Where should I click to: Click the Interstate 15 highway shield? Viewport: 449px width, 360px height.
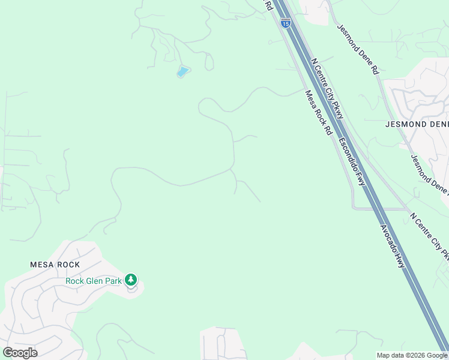pos(286,23)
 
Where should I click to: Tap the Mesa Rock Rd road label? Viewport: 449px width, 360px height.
pos(318,112)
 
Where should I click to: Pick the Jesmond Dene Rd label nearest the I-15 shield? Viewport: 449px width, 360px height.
pos(358,49)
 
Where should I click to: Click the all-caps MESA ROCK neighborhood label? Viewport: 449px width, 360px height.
pos(55,265)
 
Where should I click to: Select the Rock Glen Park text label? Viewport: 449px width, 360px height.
pos(93,280)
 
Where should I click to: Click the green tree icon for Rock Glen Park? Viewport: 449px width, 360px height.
pos(131,280)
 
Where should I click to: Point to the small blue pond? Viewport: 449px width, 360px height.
pos(182,72)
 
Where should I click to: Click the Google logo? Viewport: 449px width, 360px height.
pos(20,353)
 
